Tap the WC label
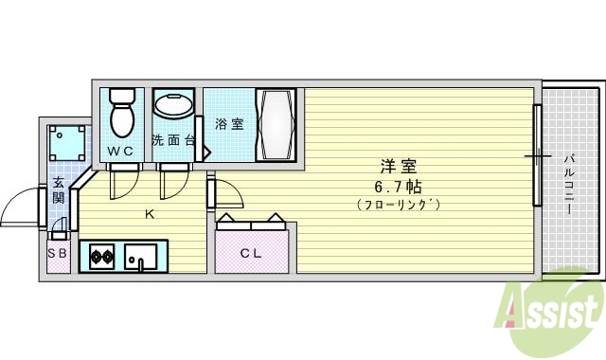(119, 152)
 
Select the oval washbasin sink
(173, 104)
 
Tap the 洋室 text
(397, 164)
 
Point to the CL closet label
(250, 252)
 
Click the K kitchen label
(149, 214)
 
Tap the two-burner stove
(101, 256)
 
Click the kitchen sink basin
(141, 256)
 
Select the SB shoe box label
(57, 255)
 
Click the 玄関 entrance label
(58, 191)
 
